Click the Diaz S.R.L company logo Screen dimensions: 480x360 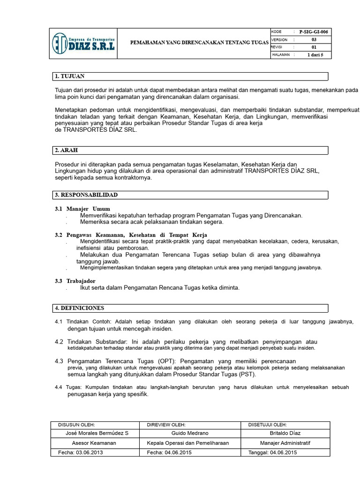83,43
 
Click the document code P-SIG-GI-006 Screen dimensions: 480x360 314,32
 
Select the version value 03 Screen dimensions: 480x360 314,40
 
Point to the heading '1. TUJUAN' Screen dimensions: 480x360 70,76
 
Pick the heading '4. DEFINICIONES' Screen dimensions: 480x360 79,308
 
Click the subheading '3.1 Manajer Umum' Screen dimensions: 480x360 82,208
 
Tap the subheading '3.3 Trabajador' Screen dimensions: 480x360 75,280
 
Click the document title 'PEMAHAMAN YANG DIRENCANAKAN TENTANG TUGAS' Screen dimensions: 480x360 199,43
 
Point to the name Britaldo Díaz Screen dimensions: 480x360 285,433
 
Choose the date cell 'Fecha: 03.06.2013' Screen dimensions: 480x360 80,452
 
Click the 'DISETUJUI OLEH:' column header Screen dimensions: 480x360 267,424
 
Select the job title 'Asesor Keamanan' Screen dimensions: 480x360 94,442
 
